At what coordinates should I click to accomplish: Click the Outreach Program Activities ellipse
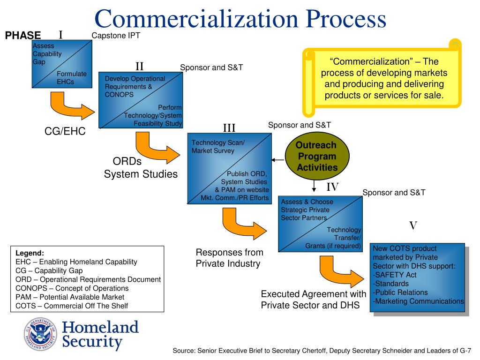tap(317, 157)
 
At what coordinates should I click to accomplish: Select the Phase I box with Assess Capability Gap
tap(60, 64)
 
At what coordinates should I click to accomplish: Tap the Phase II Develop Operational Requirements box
tap(140, 100)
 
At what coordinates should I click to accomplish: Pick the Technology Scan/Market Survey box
tap(229, 169)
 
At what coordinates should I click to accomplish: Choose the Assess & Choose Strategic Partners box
tap(320, 224)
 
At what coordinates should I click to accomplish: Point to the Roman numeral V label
tap(413, 226)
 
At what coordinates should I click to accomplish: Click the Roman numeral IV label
tap(332, 187)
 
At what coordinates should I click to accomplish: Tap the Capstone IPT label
tap(116, 36)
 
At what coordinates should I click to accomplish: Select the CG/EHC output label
tap(65, 132)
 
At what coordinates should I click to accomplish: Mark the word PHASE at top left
tap(23, 36)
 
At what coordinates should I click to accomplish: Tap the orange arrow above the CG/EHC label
tap(70, 106)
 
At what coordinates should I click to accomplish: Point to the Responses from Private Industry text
tap(229, 258)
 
